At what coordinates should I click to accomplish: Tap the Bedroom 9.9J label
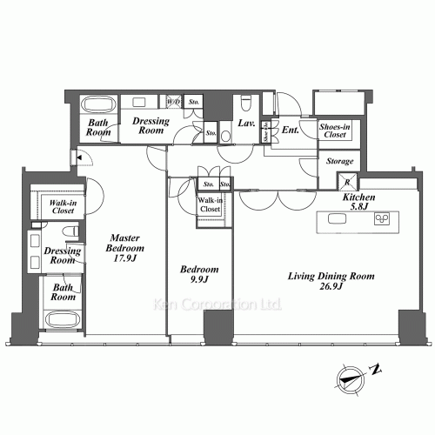192,276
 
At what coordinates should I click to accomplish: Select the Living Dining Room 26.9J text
331,282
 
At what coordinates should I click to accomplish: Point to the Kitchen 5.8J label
358,204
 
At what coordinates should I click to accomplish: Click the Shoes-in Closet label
334,131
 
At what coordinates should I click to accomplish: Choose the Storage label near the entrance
338,162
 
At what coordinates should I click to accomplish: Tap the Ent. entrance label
291,131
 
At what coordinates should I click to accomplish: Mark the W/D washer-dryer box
174,102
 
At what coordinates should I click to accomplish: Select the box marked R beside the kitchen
346,182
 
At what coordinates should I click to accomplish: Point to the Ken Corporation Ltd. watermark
217,305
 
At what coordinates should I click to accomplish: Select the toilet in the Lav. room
246,104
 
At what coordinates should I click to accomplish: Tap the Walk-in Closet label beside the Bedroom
210,205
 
